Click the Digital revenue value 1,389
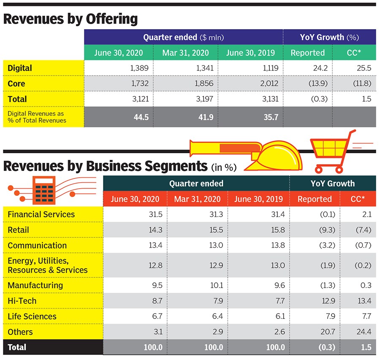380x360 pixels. [139, 68]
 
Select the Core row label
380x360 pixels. [16, 84]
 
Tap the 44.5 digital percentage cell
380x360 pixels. [140, 117]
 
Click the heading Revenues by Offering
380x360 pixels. [71, 19]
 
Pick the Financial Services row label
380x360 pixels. [41, 214]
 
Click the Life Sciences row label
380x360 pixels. [32, 317]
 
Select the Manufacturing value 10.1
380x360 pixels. [215, 285]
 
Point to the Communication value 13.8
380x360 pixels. [277, 246]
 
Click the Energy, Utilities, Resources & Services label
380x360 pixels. [47, 265]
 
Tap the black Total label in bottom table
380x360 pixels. [17, 347]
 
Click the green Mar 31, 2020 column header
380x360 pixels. [185, 53]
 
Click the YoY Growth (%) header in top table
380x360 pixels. [329, 37]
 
